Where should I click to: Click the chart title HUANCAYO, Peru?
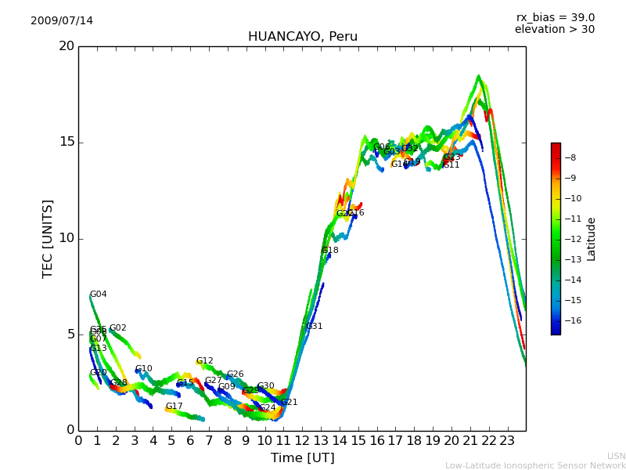coord(302,37)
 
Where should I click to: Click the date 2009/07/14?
coord(62,20)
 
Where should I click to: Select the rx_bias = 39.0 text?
coord(555,17)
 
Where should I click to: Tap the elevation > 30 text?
coord(554,30)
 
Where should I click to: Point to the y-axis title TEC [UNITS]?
coord(48,238)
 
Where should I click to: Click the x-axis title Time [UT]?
coord(302,458)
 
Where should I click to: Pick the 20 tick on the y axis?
coord(67,46)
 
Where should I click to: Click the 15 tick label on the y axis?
coord(67,142)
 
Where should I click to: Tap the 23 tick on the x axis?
coord(507,440)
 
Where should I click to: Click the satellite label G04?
coord(99,295)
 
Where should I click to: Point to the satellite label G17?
coord(174,407)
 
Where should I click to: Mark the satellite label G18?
coord(330,251)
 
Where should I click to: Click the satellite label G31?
coord(314,326)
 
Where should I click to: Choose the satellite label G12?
coord(204,361)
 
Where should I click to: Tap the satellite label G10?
coord(143,369)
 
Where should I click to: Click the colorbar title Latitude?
coord(592,239)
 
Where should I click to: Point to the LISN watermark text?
coord(616,456)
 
